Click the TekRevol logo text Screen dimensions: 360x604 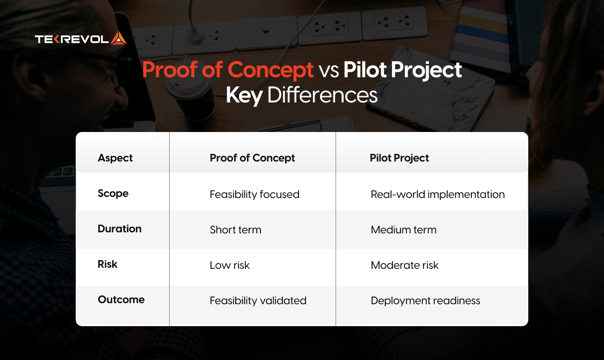pyautogui.click(x=72, y=39)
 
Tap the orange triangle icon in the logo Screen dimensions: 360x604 pyautogui.click(x=118, y=38)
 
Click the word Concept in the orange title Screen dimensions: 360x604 pyautogui.click(x=271, y=70)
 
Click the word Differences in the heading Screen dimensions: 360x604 pyautogui.click(x=322, y=95)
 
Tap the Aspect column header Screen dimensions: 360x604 pyautogui.click(x=115, y=158)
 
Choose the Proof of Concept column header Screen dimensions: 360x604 pyautogui.click(x=252, y=158)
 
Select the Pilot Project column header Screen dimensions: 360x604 pyautogui.click(x=399, y=158)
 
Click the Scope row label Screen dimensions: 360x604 pyautogui.click(x=113, y=194)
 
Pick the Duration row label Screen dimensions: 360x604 pyautogui.click(x=119, y=229)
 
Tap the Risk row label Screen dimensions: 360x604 pyautogui.click(x=107, y=265)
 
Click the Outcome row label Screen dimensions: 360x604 pyautogui.click(x=121, y=300)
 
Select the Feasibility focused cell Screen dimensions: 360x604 pyautogui.click(x=254, y=194)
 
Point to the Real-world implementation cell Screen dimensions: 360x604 pyautogui.click(x=438, y=194)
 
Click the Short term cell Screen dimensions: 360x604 pyautogui.click(x=235, y=230)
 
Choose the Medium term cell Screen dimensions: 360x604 pyautogui.click(x=403, y=230)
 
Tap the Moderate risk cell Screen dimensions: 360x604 pyautogui.click(x=404, y=265)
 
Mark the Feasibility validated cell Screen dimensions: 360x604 pyautogui.click(x=258, y=300)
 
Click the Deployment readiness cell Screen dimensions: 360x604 pyautogui.click(x=425, y=300)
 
